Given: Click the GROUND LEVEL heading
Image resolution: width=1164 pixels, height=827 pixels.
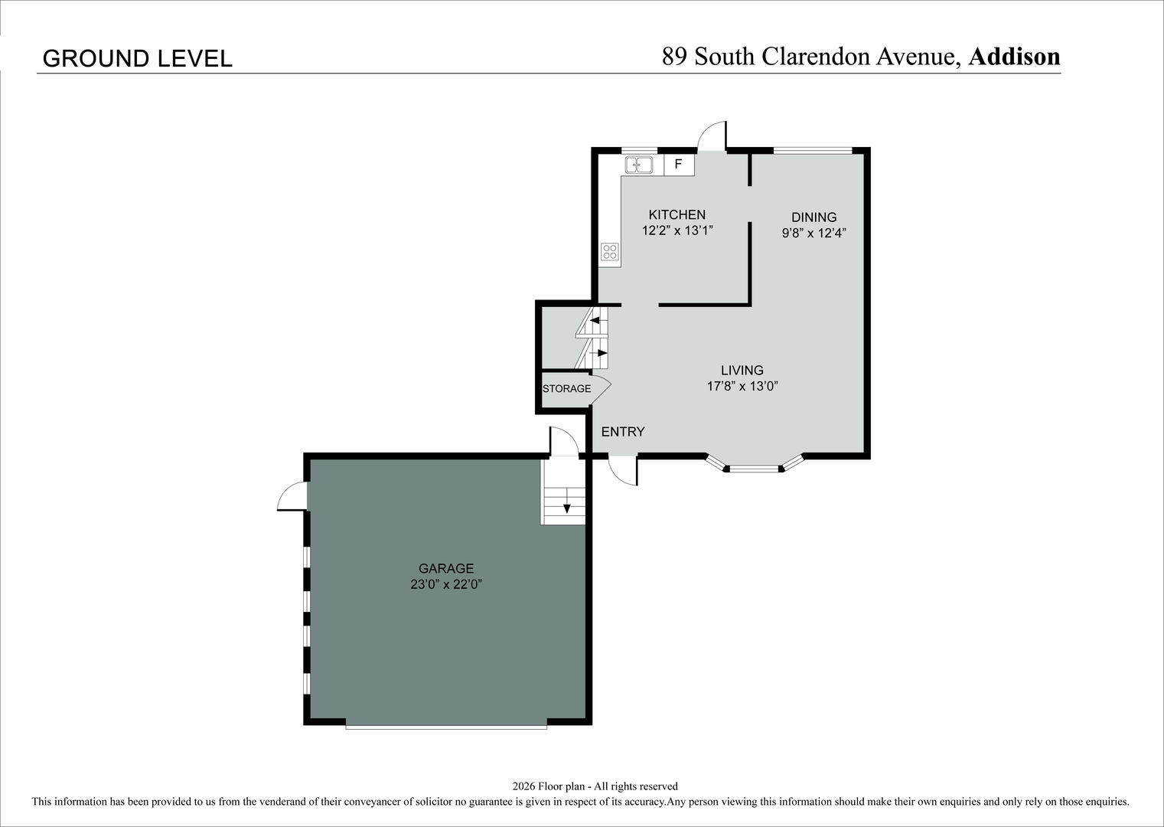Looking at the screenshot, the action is [137, 59].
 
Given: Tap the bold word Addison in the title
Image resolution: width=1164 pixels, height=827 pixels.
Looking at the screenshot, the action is [1014, 56].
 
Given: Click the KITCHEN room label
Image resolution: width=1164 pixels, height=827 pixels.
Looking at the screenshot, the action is [677, 214].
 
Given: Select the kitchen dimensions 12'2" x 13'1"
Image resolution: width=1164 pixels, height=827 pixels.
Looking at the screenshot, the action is [677, 230].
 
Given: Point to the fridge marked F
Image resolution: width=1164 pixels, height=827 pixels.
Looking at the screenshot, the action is [679, 165].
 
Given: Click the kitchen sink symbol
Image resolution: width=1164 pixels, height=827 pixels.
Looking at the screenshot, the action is [639, 165].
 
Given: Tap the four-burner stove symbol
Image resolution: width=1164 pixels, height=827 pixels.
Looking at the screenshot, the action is [610, 252].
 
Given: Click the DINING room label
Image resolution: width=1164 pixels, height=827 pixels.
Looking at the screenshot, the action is [813, 217].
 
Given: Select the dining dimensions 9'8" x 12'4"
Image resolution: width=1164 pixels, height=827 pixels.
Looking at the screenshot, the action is [813, 233].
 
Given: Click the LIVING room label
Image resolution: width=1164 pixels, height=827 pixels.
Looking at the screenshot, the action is [742, 371].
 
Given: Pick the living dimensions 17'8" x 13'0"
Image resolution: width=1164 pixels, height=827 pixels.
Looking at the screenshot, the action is [742, 386].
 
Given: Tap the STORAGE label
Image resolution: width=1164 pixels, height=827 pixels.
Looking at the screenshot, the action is [566, 389].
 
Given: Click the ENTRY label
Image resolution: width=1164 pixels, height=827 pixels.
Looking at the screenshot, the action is [623, 431].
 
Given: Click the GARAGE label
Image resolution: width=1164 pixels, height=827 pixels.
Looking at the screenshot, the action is [446, 568].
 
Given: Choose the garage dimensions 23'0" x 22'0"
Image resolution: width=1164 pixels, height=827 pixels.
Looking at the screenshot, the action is [446, 584].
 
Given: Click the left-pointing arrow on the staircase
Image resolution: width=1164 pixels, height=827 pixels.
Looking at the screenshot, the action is [598, 319].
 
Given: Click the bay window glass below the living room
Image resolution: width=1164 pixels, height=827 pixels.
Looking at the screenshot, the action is [754, 469].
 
